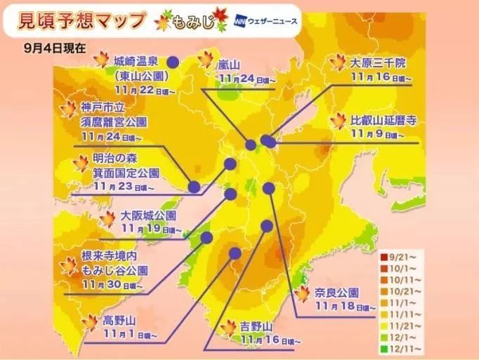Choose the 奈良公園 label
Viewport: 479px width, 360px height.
click(336, 292)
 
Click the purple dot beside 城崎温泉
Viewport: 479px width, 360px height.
click(172, 62)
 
